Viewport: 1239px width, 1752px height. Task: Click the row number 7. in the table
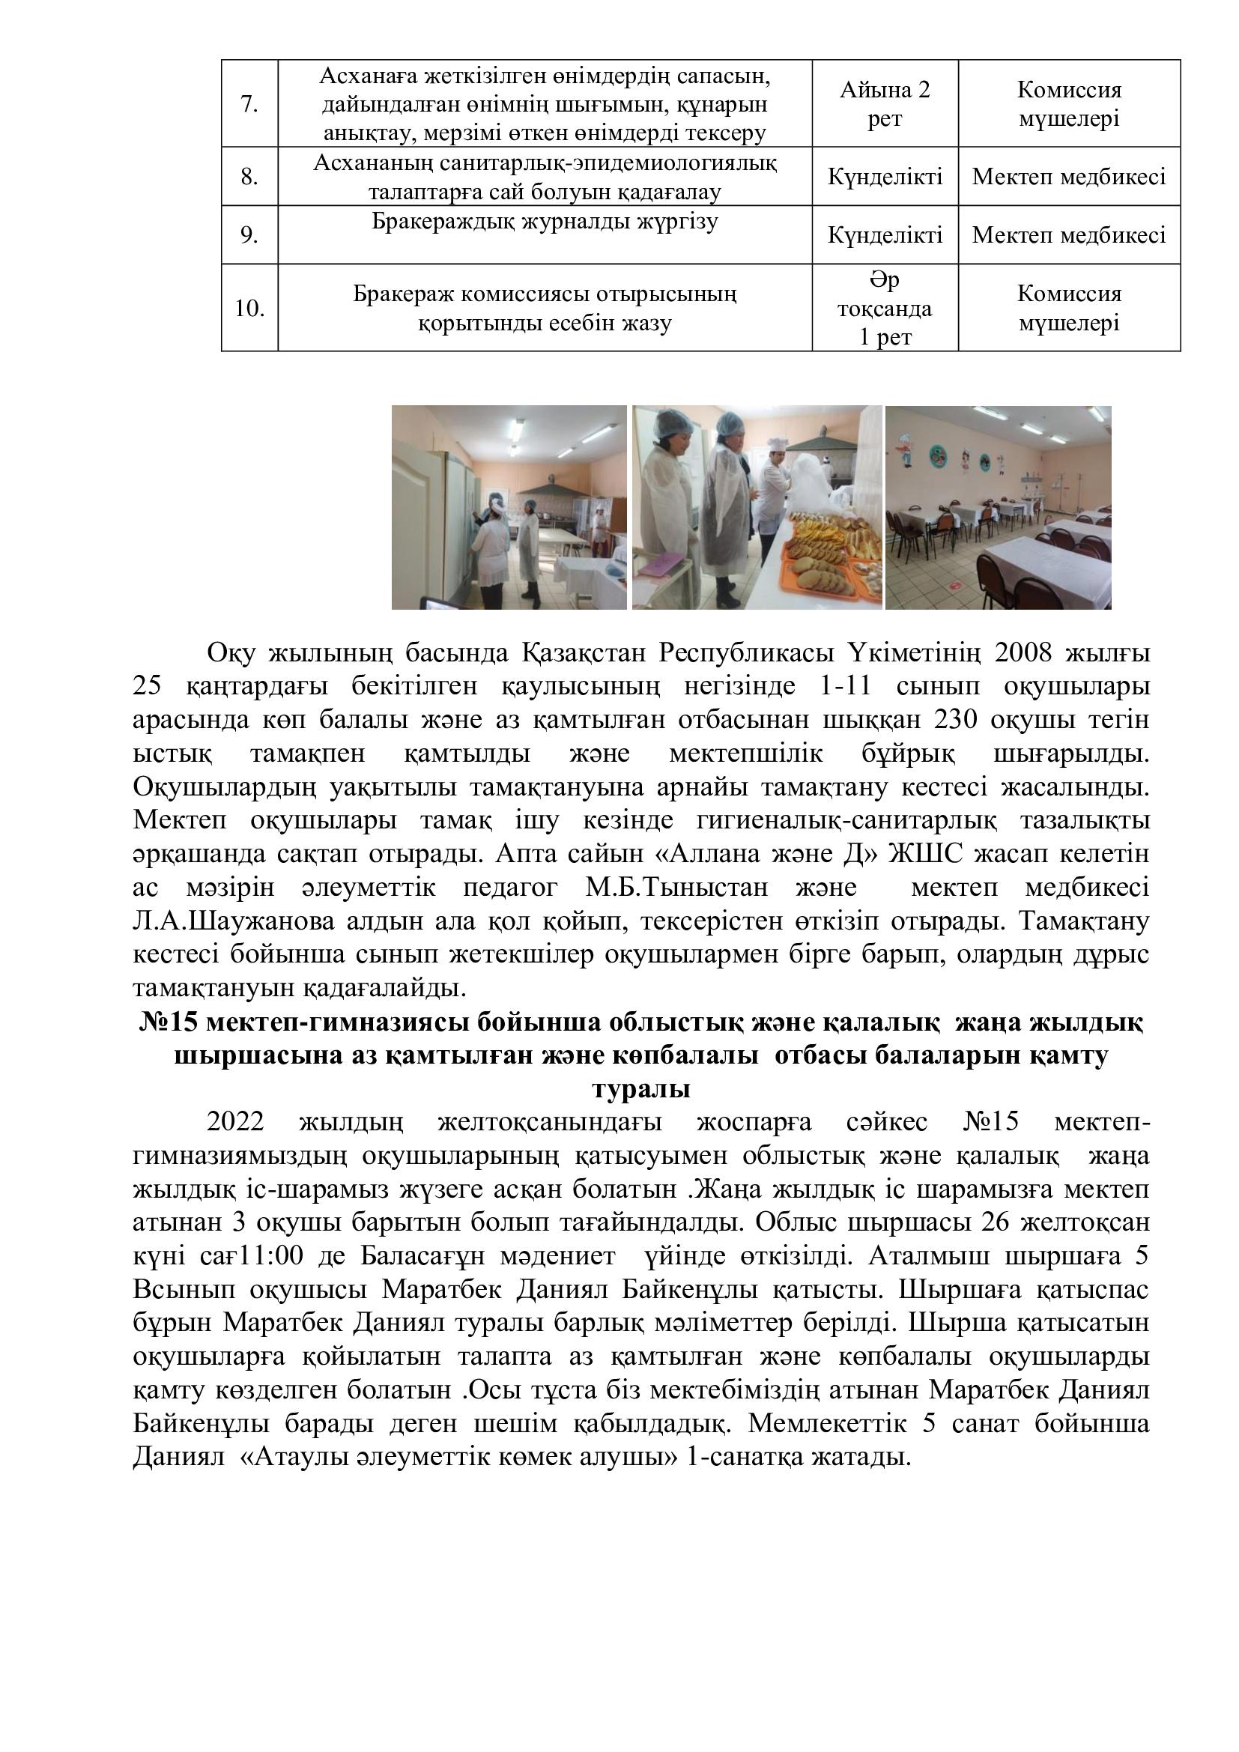coord(249,104)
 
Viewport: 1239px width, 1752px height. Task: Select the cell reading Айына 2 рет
coord(884,104)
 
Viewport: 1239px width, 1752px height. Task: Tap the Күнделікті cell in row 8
coord(884,177)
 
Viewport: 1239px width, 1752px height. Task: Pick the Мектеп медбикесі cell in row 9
coord(1068,235)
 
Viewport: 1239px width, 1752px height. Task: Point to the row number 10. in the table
coord(249,309)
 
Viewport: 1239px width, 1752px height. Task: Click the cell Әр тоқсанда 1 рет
coord(884,309)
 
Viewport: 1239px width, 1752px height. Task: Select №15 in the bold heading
coord(167,1022)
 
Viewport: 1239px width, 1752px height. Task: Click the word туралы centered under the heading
coord(641,1089)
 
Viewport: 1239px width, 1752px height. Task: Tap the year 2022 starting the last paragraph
coord(235,1123)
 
